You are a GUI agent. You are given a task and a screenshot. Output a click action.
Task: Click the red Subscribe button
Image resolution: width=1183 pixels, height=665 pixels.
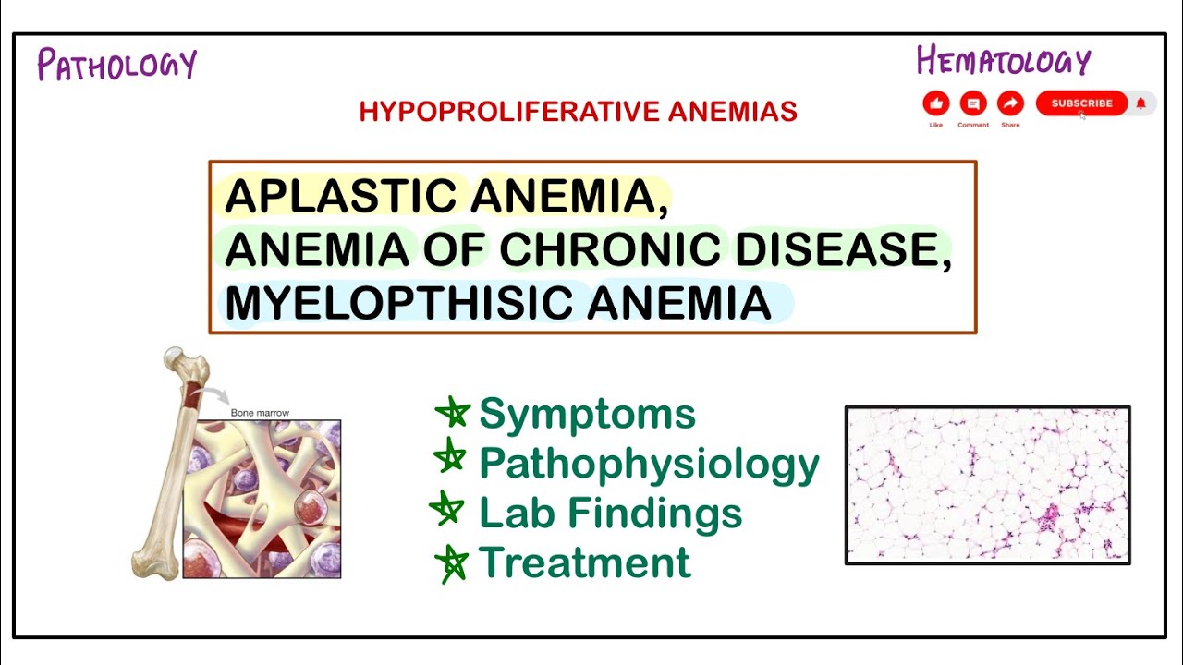coord(1081,103)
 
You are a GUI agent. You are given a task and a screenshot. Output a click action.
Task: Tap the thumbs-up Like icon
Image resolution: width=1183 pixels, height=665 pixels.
coord(936,103)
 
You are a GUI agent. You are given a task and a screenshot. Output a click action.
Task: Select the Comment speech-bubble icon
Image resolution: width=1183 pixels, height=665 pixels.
coord(972,103)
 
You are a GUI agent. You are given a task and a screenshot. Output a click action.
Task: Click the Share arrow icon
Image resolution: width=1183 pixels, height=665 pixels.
coord(1010,103)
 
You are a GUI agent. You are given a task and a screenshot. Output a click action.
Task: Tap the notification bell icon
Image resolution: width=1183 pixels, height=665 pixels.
coord(1141,103)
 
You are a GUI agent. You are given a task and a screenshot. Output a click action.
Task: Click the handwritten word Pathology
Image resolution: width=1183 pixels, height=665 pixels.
coord(116,65)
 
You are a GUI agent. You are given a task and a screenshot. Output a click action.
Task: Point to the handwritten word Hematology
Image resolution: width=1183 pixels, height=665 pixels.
coord(1004,62)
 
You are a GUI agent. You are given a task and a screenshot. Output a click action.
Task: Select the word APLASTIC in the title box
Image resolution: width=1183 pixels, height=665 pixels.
coord(340,196)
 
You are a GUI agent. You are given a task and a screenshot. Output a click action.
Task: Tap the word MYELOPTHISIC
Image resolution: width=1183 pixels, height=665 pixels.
coord(397,303)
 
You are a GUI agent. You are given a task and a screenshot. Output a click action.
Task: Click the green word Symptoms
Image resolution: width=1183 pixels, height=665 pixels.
coord(587,414)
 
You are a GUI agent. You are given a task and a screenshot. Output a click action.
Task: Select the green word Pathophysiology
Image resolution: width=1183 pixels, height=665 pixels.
coord(649,464)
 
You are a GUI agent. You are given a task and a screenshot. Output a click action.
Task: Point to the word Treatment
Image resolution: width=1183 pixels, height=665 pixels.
coord(584,562)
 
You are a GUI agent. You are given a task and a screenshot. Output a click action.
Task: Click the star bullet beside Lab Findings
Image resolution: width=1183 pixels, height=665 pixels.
coord(447,510)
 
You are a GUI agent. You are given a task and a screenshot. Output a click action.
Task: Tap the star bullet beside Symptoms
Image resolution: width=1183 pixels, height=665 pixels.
coord(453,412)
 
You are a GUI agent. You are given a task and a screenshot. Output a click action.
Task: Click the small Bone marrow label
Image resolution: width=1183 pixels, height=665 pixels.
coord(261,413)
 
